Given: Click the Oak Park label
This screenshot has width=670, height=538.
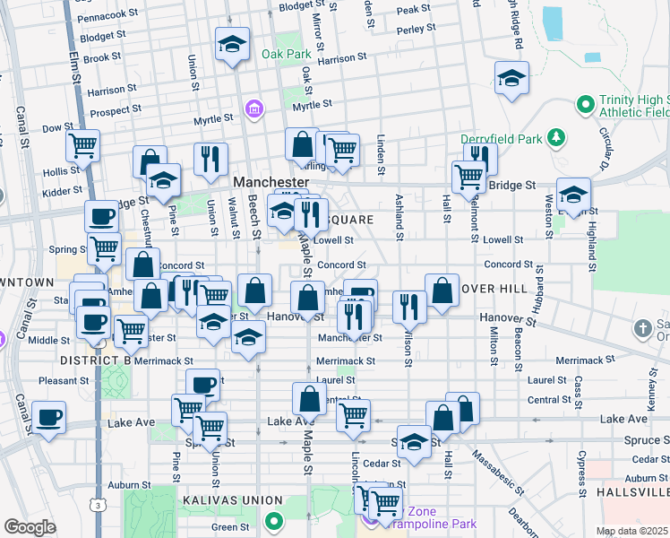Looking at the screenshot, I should (285, 54).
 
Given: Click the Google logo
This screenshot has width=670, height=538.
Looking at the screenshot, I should (30, 526).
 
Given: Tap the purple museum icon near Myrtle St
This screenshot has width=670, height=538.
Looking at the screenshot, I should (255, 109).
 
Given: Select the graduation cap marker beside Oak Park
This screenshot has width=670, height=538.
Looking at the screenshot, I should (232, 44).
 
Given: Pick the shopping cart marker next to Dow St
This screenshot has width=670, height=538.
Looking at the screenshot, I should (82, 144).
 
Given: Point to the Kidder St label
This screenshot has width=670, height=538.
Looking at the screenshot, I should (61, 190).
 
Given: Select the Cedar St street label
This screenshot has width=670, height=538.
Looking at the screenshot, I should (381, 464).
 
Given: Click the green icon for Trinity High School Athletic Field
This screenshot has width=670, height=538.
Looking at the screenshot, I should (586, 105).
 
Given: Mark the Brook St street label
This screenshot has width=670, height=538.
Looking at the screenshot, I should (101, 56).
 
